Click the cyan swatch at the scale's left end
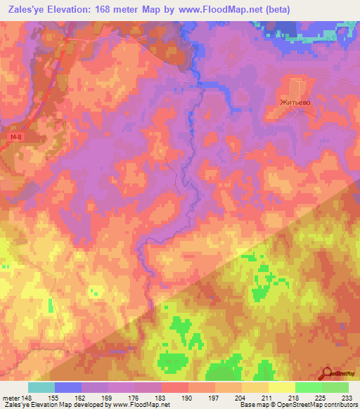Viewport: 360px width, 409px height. point(41,387)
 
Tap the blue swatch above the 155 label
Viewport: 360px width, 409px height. point(68,387)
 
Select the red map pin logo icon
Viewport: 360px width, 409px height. point(327,375)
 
